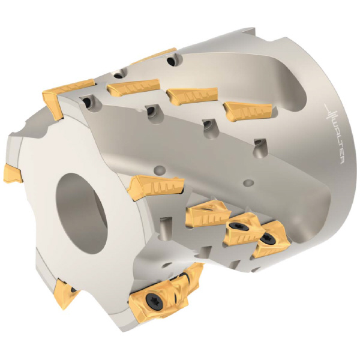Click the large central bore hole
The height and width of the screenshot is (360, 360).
[x=82, y=214]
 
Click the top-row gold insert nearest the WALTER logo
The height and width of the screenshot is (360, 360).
[x=248, y=111]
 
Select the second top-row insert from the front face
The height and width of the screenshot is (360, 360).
[x=134, y=88]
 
